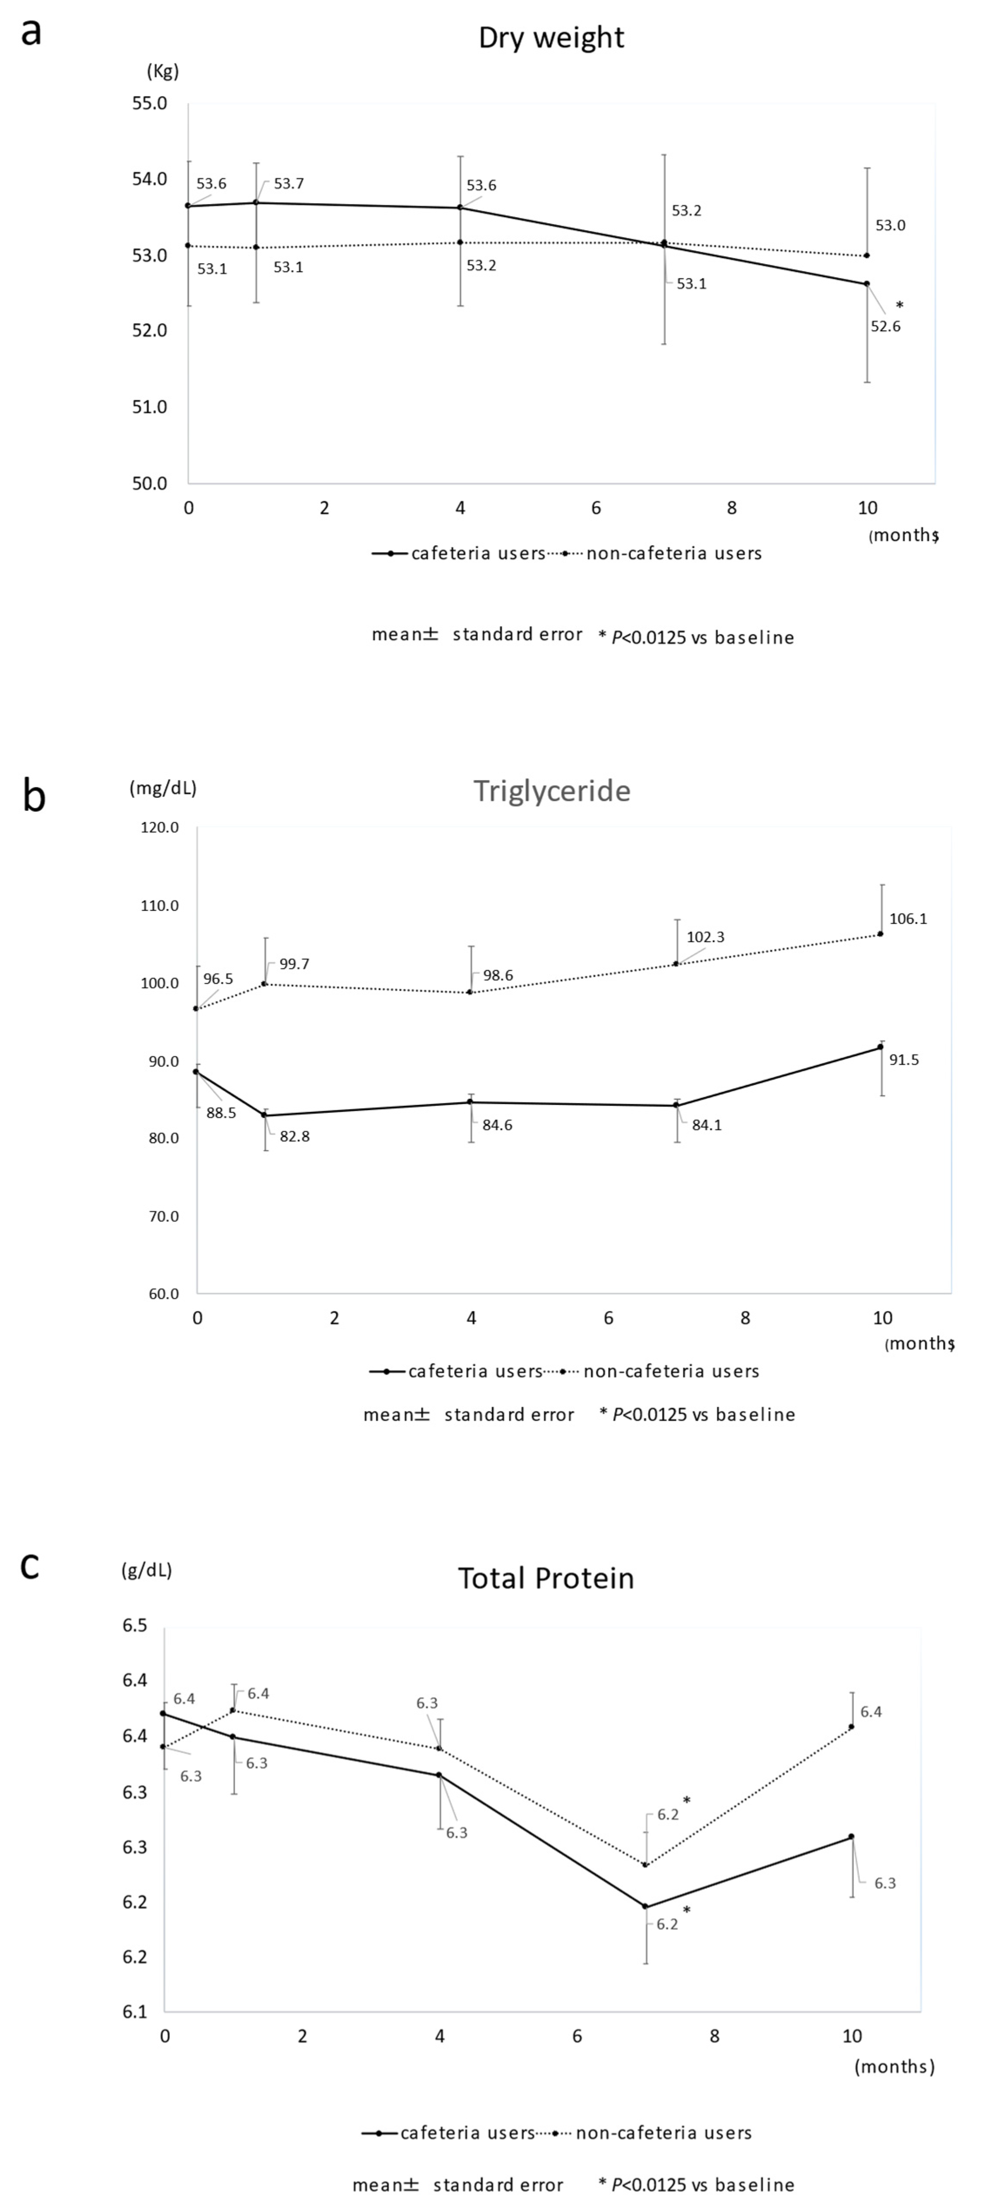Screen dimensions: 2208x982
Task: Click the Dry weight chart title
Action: (551, 38)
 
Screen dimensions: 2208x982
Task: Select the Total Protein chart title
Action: (546, 1578)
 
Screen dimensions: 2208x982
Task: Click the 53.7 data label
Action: (289, 184)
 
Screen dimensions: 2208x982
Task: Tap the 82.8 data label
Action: (295, 1137)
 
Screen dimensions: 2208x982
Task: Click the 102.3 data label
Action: (705, 937)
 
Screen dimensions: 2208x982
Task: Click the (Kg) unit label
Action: (163, 71)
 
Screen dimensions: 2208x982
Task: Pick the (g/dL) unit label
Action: (147, 1570)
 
